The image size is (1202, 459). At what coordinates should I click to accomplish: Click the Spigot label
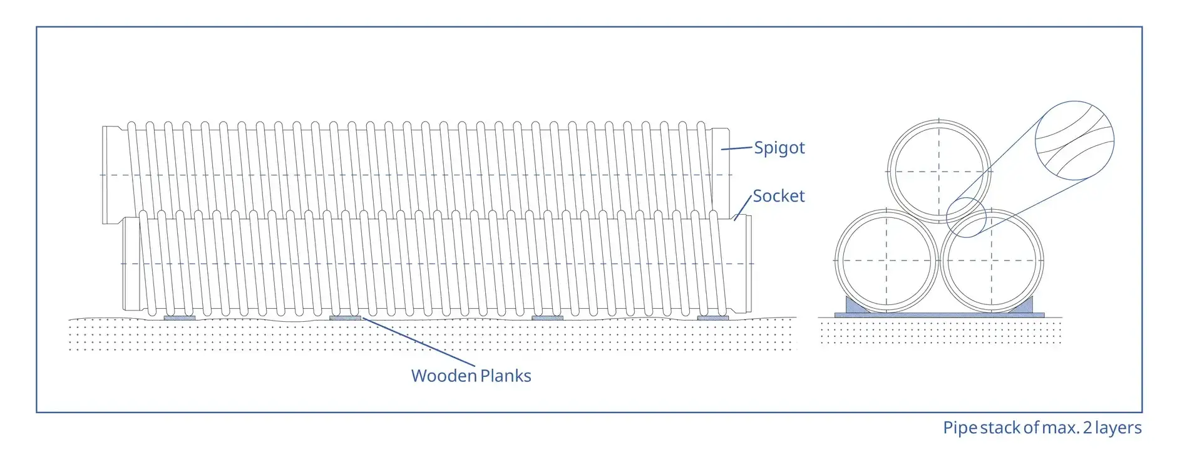[779, 148]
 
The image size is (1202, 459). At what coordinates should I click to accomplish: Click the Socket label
[778, 196]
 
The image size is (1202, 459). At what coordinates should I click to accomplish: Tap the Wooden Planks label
[471, 376]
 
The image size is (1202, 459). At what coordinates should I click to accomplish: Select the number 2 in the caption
[1087, 428]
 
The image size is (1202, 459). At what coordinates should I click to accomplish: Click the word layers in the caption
[1119, 428]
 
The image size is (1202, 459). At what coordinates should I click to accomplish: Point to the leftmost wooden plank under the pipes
[179, 317]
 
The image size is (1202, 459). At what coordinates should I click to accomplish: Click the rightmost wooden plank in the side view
[713, 317]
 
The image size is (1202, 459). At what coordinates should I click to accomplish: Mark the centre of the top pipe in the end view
[938, 171]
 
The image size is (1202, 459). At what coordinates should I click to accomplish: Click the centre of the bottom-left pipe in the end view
[886, 260]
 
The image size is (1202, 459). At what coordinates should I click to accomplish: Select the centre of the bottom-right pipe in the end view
[992, 260]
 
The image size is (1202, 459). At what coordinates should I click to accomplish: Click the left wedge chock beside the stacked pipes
[853, 306]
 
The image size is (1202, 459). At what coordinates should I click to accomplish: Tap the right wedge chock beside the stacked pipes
[1025, 306]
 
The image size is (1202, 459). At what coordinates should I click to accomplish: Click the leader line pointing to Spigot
[736, 148]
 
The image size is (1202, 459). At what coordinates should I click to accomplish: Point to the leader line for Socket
[743, 207]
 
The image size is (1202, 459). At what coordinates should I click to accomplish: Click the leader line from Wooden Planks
[418, 342]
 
